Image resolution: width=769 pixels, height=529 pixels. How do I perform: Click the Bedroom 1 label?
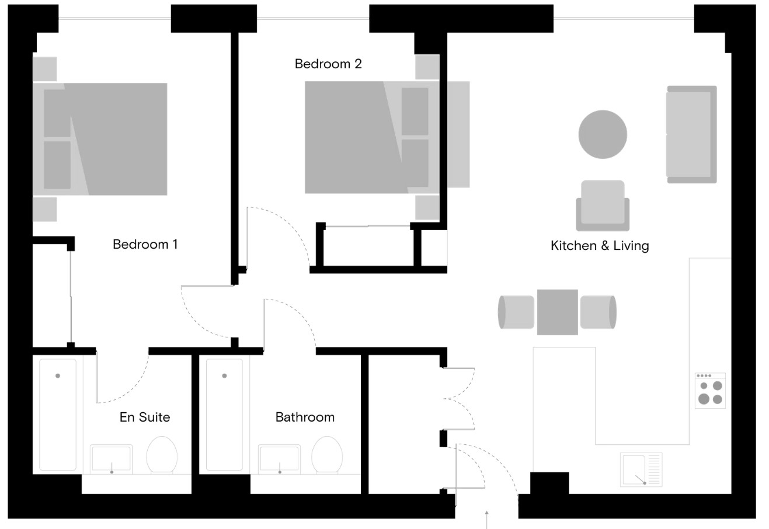point(145,244)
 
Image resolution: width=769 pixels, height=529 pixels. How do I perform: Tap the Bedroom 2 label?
point(328,64)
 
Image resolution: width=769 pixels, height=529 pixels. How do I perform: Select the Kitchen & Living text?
point(600,245)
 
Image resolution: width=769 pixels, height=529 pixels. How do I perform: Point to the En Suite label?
point(145,417)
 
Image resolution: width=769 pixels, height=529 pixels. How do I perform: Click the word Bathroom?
point(305,417)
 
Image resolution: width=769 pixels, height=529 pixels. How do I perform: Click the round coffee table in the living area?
point(603,134)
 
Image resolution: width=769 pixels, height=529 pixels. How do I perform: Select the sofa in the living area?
point(691,134)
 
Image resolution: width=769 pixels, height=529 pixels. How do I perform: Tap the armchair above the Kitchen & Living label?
point(603,206)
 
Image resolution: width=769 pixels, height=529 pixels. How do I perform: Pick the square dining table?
point(557,312)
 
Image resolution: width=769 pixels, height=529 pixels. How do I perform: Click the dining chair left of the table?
point(516,312)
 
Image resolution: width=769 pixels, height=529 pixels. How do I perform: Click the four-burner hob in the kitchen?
point(710,391)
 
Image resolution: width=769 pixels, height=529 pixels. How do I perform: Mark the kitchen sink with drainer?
point(641,469)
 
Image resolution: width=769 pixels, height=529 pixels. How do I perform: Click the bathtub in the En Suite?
point(58,415)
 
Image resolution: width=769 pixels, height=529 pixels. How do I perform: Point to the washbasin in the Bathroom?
point(280,459)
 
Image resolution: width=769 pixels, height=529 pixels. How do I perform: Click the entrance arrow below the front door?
point(486,519)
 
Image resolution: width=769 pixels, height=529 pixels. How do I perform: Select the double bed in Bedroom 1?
point(100,139)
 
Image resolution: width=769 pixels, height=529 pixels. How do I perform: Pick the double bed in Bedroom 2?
point(371,137)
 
